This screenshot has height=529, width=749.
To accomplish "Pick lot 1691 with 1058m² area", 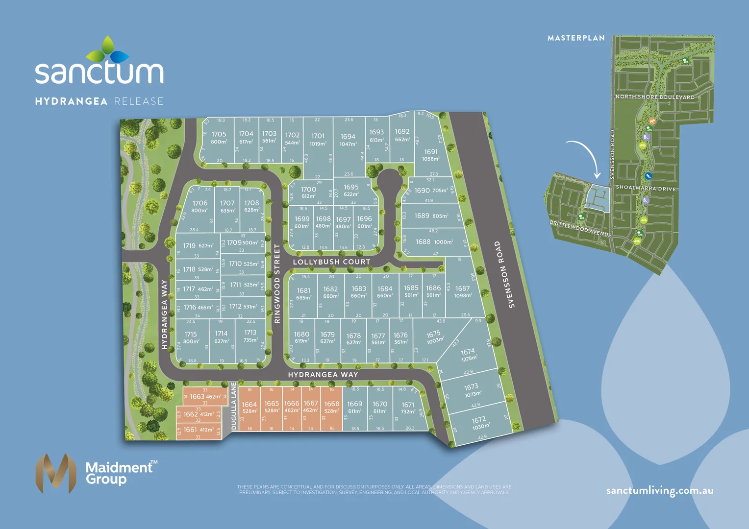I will [x=431, y=155].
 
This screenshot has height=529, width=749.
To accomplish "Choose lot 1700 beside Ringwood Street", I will [x=308, y=192].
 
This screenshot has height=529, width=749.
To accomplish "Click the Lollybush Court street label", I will [x=331, y=262].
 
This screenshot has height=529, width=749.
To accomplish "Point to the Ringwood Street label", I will [x=277, y=284].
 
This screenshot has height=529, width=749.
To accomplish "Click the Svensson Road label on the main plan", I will [x=505, y=274].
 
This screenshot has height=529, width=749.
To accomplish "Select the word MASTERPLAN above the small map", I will [x=576, y=38].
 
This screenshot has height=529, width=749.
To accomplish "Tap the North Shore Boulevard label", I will [x=655, y=97].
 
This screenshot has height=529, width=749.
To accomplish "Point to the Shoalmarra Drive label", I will [x=646, y=188].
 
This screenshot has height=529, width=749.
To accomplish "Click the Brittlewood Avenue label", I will [x=580, y=229].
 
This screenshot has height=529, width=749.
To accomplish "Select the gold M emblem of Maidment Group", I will [x=56, y=473].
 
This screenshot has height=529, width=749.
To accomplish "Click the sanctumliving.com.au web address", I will [x=660, y=491].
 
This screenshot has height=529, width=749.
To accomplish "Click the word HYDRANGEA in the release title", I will [x=71, y=101].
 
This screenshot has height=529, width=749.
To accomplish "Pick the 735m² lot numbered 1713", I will [x=250, y=336].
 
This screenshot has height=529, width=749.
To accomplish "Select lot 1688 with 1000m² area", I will [x=434, y=242].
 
